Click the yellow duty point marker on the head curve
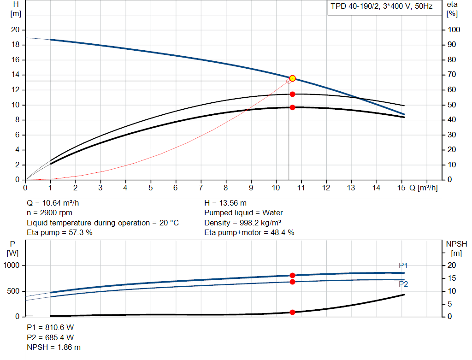(x=292, y=78)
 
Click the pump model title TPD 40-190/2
(x=381, y=7)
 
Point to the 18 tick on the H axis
(x=16, y=45)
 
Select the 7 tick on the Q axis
(x=201, y=188)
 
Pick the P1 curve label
(x=403, y=266)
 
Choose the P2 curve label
(x=403, y=284)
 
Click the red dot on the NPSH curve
(x=292, y=312)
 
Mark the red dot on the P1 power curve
(x=292, y=275)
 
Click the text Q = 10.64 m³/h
(x=56, y=203)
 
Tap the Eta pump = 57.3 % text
(x=60, y=232)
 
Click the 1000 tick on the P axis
(x=12, y=266)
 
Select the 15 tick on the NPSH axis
(x=451, y=278)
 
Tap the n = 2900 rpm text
(x=50, y=212)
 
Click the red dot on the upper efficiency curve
(x=292, y=94)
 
